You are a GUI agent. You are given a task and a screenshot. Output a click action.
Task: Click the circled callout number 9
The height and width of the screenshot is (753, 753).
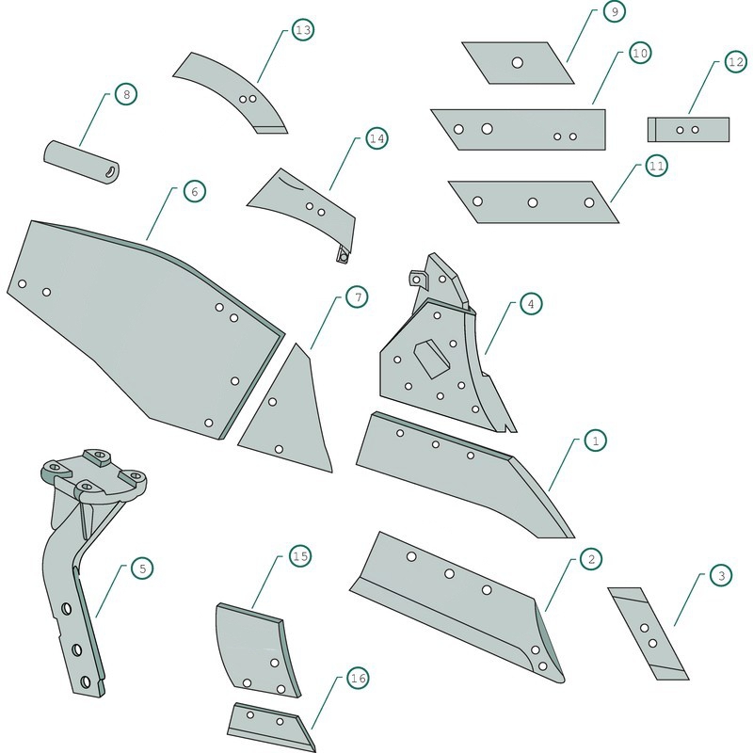pyautogui.click(x=615, y=11)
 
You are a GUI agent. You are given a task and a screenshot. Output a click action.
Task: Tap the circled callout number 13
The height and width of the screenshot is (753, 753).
pyautogui.click(x=303, y=30)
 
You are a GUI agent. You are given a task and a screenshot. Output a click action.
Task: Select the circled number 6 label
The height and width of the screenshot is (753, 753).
pyautogui.click(x=195, y=192)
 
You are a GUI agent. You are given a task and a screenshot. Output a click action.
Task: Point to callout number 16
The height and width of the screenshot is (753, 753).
pyautogui.click(x=359, y=678)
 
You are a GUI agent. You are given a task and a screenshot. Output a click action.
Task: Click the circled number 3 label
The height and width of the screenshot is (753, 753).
pyautogui.click(x=721, y=575)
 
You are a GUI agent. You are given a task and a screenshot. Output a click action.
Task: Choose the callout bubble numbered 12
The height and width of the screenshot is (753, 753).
pyautogui.click(x=736, y=62)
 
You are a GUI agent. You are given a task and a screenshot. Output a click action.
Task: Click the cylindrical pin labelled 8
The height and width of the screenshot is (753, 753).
pyautogui.click(x=82, y=162)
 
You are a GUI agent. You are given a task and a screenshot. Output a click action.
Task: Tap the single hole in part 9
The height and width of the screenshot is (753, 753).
pyautogui.click(x=517, y=62)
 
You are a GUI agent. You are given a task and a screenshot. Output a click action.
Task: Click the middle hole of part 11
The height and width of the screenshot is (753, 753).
pyautogui.click(x=533, y=202)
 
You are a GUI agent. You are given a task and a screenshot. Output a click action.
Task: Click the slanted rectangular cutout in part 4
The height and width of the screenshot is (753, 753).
pyautogui.click(x=432, y=359)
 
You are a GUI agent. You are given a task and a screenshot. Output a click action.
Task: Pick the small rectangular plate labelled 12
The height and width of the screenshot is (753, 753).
pyautogui.click(x=688, y=130)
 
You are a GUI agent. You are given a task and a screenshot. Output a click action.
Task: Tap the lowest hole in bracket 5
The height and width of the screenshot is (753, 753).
pyautogui.click(x=86, y=681)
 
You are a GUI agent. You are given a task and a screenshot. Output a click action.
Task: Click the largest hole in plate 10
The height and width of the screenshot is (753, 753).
pyautogui.click(x=487, y=129)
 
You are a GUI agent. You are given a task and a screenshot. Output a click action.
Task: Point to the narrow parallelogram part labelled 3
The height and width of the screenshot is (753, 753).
pyautogui.click(x=648, y=633)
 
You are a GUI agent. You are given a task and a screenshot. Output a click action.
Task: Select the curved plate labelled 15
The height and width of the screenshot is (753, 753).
pyautogui.click(x=257, y=650)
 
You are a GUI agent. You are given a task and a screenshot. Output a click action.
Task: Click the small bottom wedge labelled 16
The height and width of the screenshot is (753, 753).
pyautogui.click(x=271, y=726)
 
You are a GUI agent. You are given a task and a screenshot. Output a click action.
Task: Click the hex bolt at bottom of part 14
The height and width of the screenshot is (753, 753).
pyautogui.click(x=343, y=256)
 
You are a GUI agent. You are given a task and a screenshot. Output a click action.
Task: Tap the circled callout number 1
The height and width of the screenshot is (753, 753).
pyautogui.click(x=596, y=441)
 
